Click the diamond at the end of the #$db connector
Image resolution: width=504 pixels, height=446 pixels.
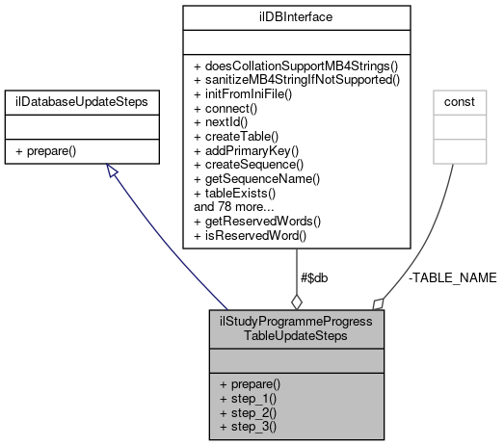(x=296, y=299)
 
